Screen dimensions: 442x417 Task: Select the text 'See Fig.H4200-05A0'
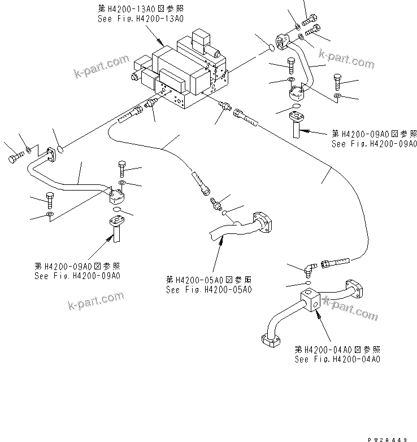tap(208, 290)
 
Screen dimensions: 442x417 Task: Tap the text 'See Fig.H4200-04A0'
tap(337, 359)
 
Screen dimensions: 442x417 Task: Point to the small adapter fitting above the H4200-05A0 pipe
tap(214, 202)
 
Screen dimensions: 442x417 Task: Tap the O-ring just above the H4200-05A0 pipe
tap(224, 213)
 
